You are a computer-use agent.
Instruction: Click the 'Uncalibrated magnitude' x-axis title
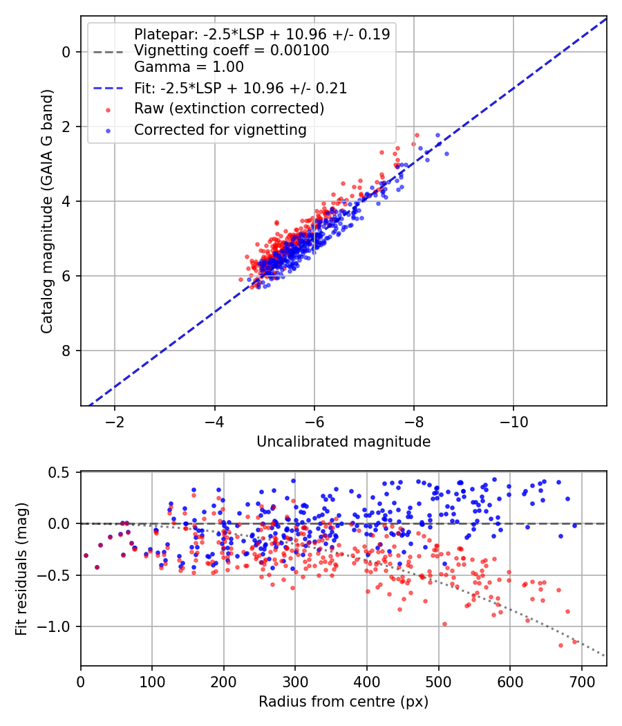click(343, 442)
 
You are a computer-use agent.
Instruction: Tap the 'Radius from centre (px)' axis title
click(343, 702)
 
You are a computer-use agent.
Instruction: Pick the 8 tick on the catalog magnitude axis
click(66, 351)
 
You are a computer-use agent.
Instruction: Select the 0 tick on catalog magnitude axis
click(66, 52)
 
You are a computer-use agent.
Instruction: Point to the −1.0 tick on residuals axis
click(57, 626)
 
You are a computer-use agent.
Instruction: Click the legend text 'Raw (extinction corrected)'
click(229, 109)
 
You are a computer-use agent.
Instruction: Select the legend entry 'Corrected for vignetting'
click(220, 129)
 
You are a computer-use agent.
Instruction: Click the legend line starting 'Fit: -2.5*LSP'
click(240, 88)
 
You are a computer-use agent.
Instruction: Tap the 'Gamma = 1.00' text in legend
click(189, 67)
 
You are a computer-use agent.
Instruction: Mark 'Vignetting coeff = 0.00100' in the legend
click(232, 50)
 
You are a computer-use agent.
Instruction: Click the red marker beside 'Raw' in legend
click(108, 109)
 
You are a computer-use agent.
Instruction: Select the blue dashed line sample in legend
click(108, 89)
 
